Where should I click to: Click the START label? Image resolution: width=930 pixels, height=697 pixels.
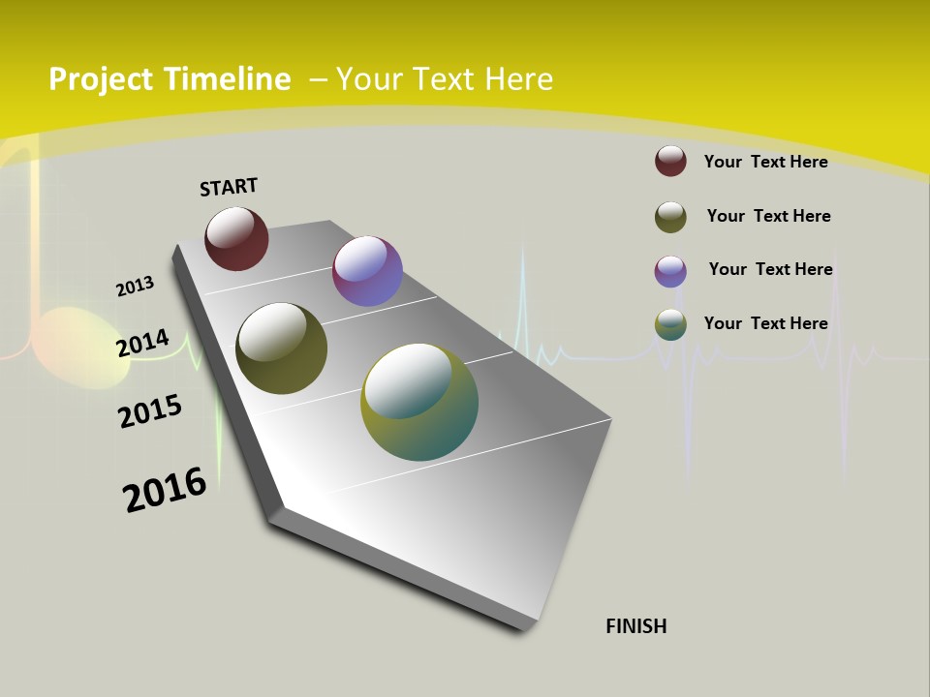click(229, 187)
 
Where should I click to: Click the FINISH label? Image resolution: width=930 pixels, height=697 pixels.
click(635, 626)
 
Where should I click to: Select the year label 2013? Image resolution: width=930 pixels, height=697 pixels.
click(135, 287)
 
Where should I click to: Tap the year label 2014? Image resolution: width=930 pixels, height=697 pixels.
click(142, 344)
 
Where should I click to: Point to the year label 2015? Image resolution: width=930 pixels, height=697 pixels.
click(150, 410)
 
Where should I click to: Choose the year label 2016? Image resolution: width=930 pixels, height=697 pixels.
click(165, 489)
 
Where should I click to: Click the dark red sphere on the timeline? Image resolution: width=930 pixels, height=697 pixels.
click(236, 239)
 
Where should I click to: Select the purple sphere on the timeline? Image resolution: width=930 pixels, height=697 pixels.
click(367, 271)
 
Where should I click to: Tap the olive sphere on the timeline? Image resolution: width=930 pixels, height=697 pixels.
click(281, 348)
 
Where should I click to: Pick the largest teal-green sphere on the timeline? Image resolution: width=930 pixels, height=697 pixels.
click(419, 402)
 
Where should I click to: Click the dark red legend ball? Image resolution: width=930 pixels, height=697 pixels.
click(670, 161)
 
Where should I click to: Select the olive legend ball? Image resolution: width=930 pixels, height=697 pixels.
click(670, 217)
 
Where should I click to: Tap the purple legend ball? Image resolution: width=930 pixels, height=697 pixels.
click(670, 271)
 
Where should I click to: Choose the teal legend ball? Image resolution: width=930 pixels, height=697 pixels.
click(670, 324)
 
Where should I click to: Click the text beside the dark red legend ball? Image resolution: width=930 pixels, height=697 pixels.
click(765, 162)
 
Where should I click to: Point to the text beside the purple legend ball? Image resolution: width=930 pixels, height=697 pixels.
click(770, 269)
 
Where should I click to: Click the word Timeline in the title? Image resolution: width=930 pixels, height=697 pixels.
click(227, 79)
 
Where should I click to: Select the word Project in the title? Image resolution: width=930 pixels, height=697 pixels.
click(101, 79)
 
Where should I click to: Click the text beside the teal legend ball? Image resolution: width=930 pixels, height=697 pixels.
click(765, 323)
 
